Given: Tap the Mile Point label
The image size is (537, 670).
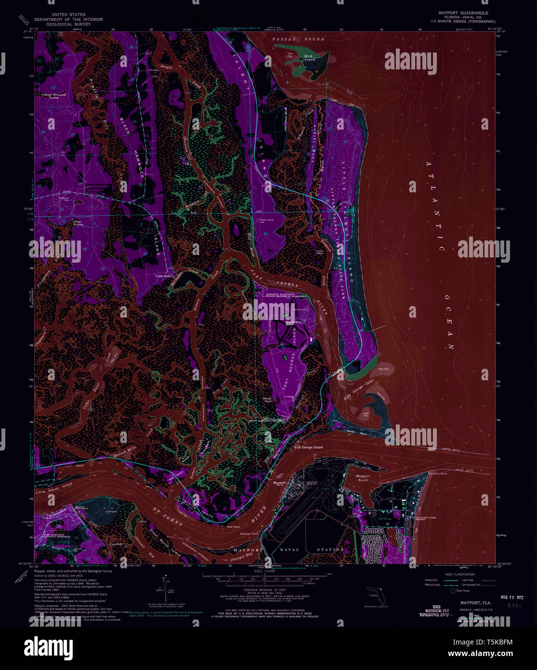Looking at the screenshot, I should tap(234, 527).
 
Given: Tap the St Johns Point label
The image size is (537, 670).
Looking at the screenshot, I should tap(437, 473).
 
